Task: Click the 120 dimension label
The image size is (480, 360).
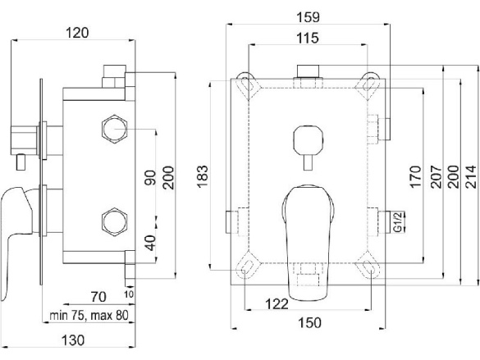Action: click(x=77, y=33)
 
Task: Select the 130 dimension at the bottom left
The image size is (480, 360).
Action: click(x=73, y=340)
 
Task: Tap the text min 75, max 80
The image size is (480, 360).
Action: click(x=89, y=316)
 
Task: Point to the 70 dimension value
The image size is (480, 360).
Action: click(x=98, y=297)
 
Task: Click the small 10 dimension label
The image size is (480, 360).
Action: click(x=129, y=294)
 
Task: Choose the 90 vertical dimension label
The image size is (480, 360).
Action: click(x=150, y=177)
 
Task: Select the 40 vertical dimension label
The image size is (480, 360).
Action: click(x=150, y=243)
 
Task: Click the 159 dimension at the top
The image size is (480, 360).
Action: click(x=308, y=17)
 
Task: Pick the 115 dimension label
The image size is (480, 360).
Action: click(x=308, y=39)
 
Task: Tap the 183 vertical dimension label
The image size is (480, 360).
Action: click(x=202, y=176)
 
